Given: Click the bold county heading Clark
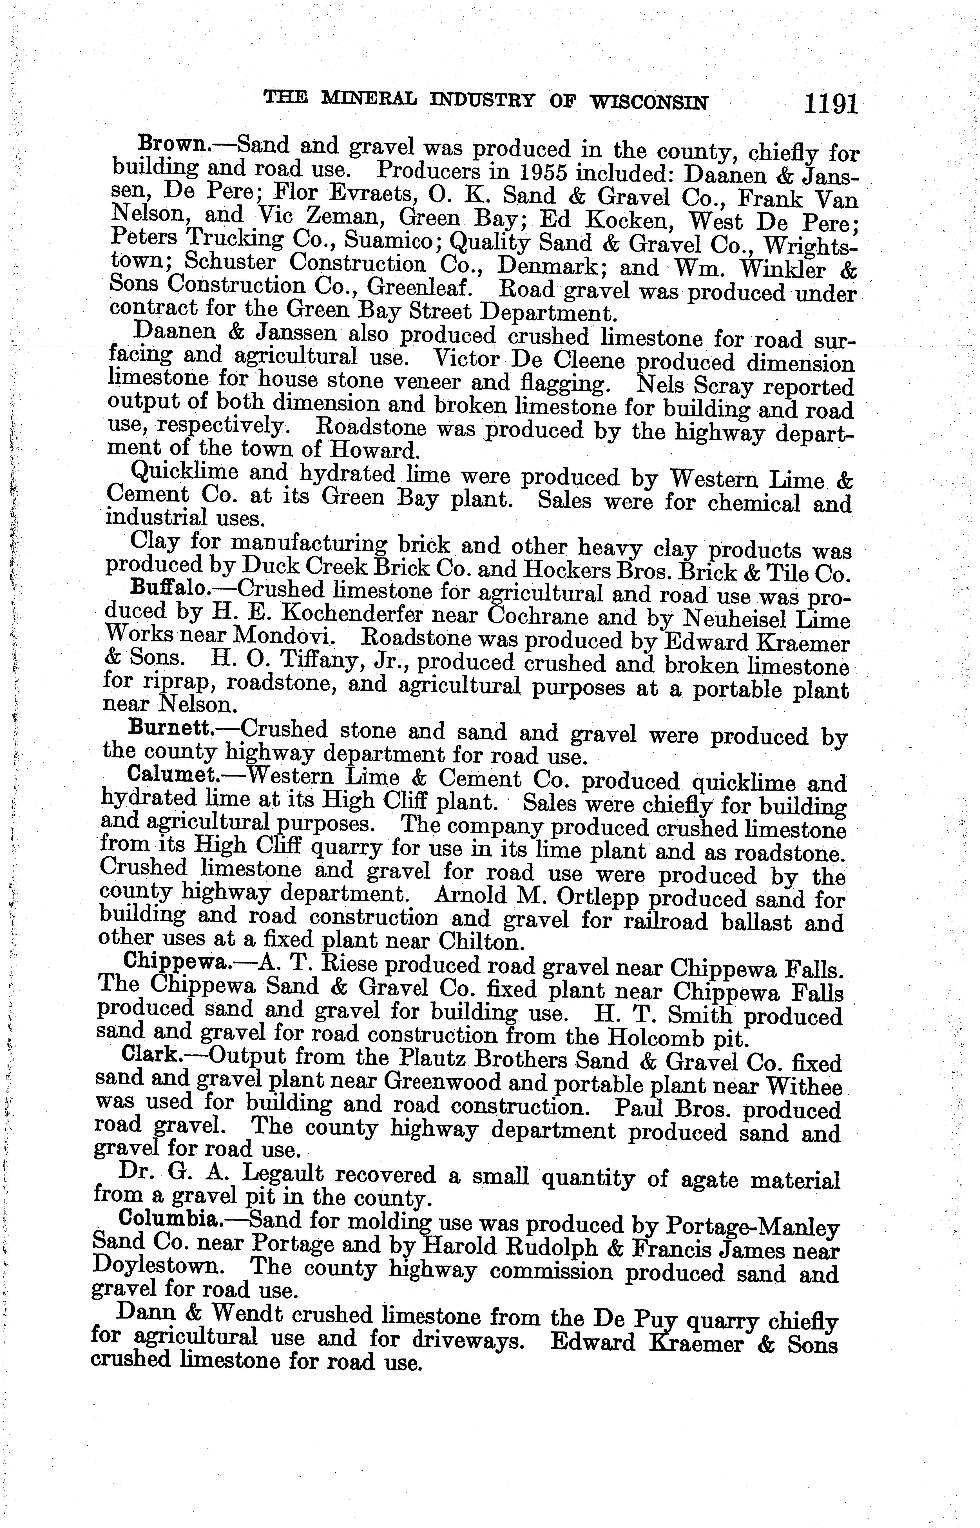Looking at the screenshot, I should pyautogui.click(x=151, y=1055).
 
